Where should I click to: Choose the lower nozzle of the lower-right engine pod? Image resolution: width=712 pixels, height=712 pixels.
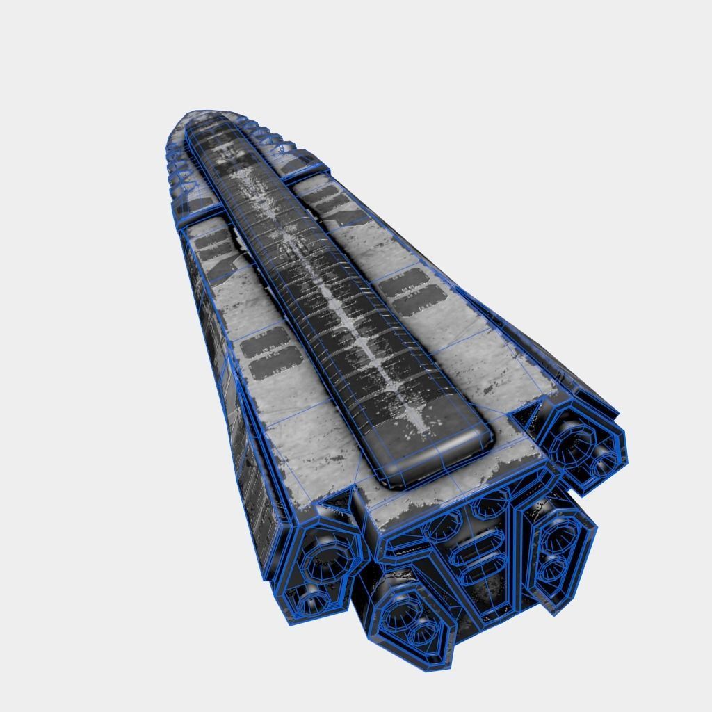(551, 572)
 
